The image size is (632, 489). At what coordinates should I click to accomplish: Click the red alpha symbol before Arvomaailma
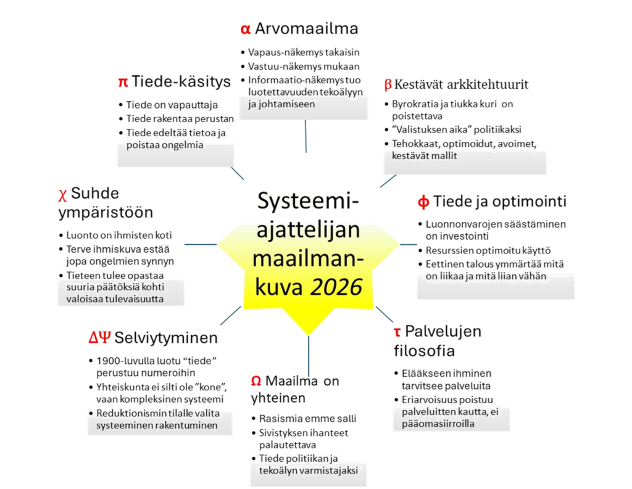(x=245, y=29)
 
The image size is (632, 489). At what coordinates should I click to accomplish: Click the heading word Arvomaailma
(x=307, y=28)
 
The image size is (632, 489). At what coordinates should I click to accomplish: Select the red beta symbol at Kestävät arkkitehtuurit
(x=388, y=84)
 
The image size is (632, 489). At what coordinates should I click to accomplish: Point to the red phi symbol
(x=423, y=202)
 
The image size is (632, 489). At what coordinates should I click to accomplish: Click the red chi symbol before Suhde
(x=62, y=194)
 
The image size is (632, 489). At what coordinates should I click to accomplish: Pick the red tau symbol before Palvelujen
(x=397, y=332)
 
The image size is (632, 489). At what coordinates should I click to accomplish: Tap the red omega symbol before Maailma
(x=256, y=381)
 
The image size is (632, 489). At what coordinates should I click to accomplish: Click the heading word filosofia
(x=424, y=351)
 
